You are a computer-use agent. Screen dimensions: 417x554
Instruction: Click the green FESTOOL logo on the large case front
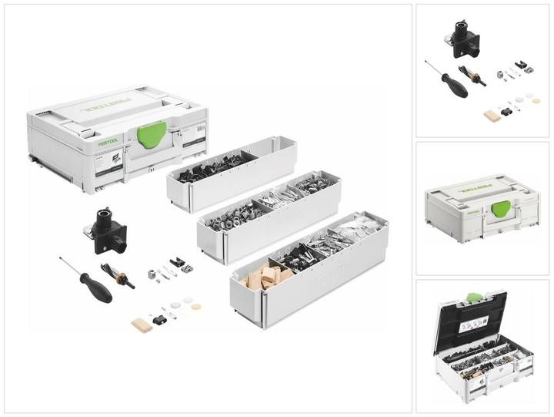click(x=108, y=141)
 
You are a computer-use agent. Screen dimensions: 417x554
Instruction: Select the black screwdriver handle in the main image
click(x=96, y=288)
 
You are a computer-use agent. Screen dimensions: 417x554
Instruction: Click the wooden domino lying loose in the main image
click(x=142, y=325)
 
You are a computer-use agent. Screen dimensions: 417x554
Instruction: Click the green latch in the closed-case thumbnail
click(x=501, y=207)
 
